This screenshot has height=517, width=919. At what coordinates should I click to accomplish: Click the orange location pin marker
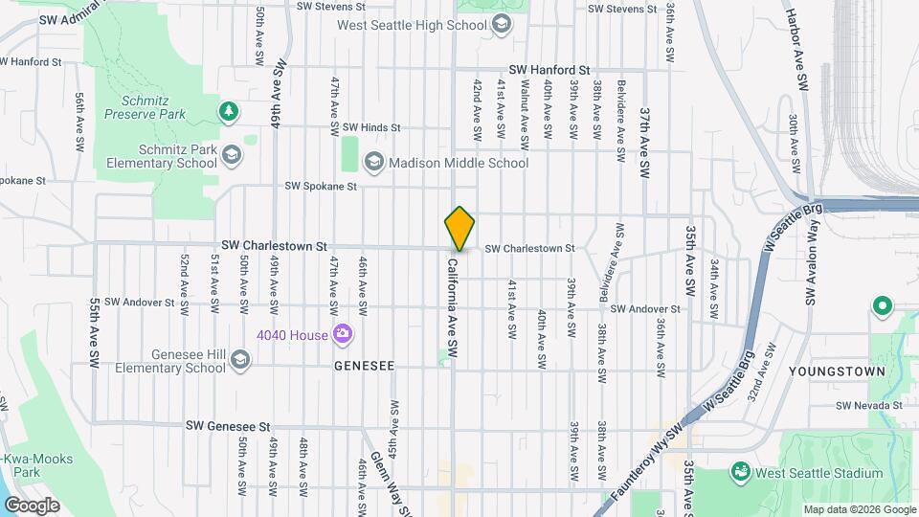pyautogui.click(x=459, y=228)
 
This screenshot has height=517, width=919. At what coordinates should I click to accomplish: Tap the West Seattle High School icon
pyautogui.click(x=501, y=26)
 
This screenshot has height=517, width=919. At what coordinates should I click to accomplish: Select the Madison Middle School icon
pyautogui.click(x=373, y=162)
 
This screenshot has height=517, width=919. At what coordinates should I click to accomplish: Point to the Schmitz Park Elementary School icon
pyautogui.click(x=231, y=154)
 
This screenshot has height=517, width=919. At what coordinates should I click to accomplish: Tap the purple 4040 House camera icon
pyautogui.click(x=342, y=333)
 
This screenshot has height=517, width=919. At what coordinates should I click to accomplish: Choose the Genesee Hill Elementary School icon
pyautogui.click(x=239, y=360)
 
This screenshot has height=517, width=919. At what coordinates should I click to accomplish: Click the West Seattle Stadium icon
pyautogui.click(x=739, y=472)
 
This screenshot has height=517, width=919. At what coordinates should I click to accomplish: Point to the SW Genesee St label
pyautogui.click(x=230, y=425)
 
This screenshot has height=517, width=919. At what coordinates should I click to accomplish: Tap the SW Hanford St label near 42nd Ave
pyautogui.click(x=549, y=70)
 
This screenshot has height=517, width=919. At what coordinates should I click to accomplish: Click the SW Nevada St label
pyautogui.click(x=869, y=406)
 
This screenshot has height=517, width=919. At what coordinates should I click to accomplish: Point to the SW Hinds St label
pyautogui.click(x=370, y=127)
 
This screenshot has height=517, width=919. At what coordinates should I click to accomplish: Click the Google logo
pyautogui.click(x=32, y=506)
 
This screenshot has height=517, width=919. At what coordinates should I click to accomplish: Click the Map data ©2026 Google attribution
pyautogui.click(x=858, y=509)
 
